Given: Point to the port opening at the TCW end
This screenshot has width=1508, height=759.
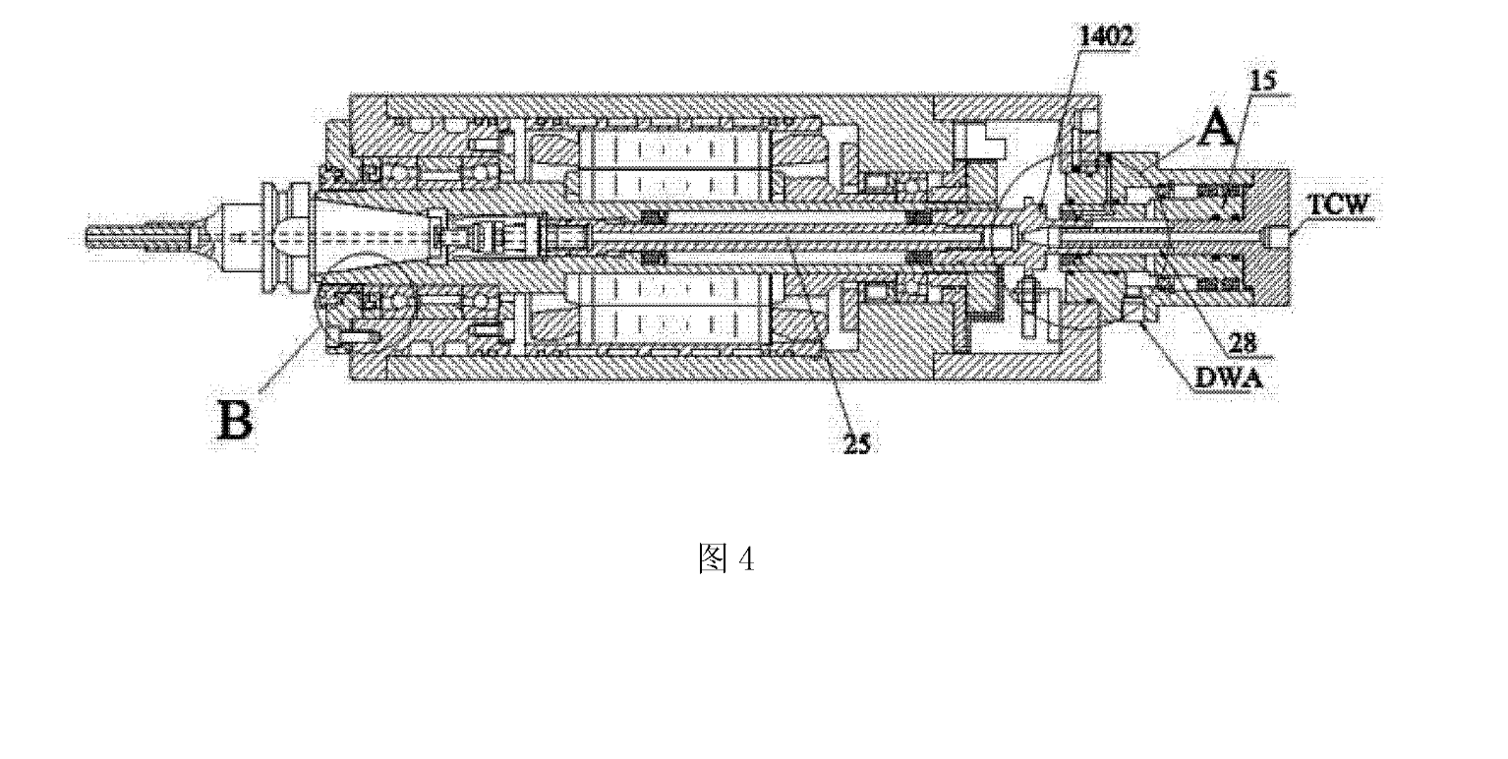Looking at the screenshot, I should pyautogui.click(x=1278, y=238).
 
